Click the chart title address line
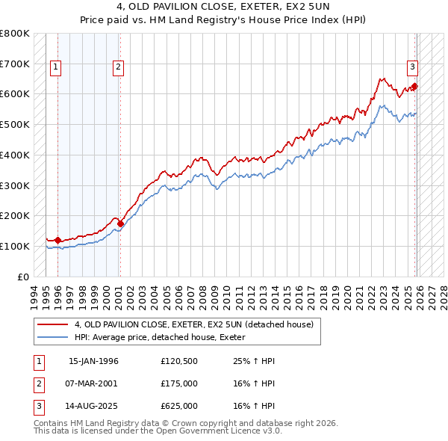tap(224, 9)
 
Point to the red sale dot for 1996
tap(58, 240)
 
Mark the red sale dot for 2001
tap(120, 223)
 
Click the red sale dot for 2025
tap(415, 87)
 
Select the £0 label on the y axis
tap(24, 277)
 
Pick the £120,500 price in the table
tap(179, 361)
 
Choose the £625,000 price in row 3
tap(179, 406)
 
